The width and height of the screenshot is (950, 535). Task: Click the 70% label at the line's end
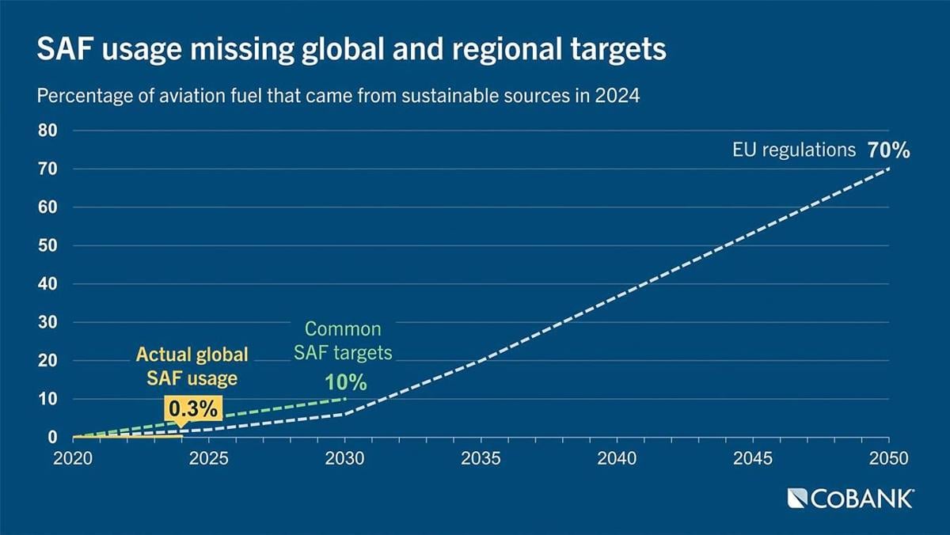click(x=888, y=150)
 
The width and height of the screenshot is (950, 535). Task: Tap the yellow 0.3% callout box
click(x=194, y=409)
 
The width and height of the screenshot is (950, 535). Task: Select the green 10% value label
click(x=346, y=383)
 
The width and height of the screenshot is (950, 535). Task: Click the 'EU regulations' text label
click(x=793, y=150)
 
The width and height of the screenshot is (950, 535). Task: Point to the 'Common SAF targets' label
click(x=343, y=340)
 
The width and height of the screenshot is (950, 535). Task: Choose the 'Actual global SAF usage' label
click(x=192, y=366)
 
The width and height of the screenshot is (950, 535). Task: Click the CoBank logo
click(x=850, y=498)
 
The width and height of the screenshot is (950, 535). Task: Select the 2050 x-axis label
click(x=889, y=457)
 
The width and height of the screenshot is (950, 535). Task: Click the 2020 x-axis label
click(x=73, y=457)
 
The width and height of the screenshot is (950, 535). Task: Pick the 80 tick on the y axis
click(x=47, y=131)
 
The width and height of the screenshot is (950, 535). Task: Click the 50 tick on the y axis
click(x=47, y=246)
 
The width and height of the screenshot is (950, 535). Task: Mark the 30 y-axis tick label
click(x=47, y=323)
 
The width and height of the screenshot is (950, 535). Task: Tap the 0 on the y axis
click(x=52, y=438)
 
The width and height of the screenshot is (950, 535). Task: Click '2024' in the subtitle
click(x=619, y=98)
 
